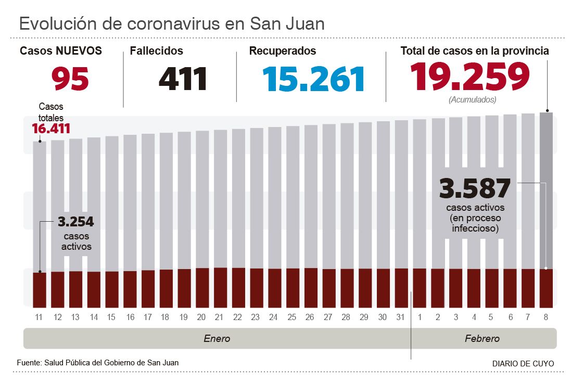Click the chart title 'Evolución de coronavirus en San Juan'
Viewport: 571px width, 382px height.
pos(172,23)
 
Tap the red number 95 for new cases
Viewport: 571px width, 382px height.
pos(70,79)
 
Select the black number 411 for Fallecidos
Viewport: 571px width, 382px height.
pos(183,79)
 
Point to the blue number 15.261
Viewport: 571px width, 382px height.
pos(313,79)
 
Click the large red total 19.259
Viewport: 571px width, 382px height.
pos(470,76)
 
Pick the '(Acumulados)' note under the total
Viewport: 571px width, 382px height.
pos(472,99)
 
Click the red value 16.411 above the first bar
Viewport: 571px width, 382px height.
pos(51,129)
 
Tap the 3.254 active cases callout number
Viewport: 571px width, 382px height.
pos(76,222)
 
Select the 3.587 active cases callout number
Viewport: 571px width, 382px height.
pos(475,188)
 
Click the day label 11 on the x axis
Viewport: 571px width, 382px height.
pos(40,317)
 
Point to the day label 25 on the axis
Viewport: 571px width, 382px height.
pos(293,317)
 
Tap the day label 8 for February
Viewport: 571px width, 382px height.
pos(546,317)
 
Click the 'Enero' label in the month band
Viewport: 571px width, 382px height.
pos(217,339)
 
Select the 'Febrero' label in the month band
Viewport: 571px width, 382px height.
pos(482,339)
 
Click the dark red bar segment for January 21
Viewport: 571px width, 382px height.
pos(220,287)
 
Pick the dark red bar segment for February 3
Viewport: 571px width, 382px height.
pos(455,288)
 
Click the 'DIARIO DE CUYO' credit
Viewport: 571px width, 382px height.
pos(523,363)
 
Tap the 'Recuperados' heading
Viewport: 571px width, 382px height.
pos(283,51)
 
